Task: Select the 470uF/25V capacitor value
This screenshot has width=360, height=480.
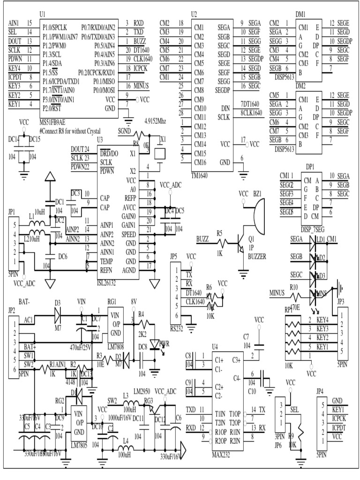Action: (81, 347)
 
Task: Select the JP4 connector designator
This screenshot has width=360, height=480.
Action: (322, 392)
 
